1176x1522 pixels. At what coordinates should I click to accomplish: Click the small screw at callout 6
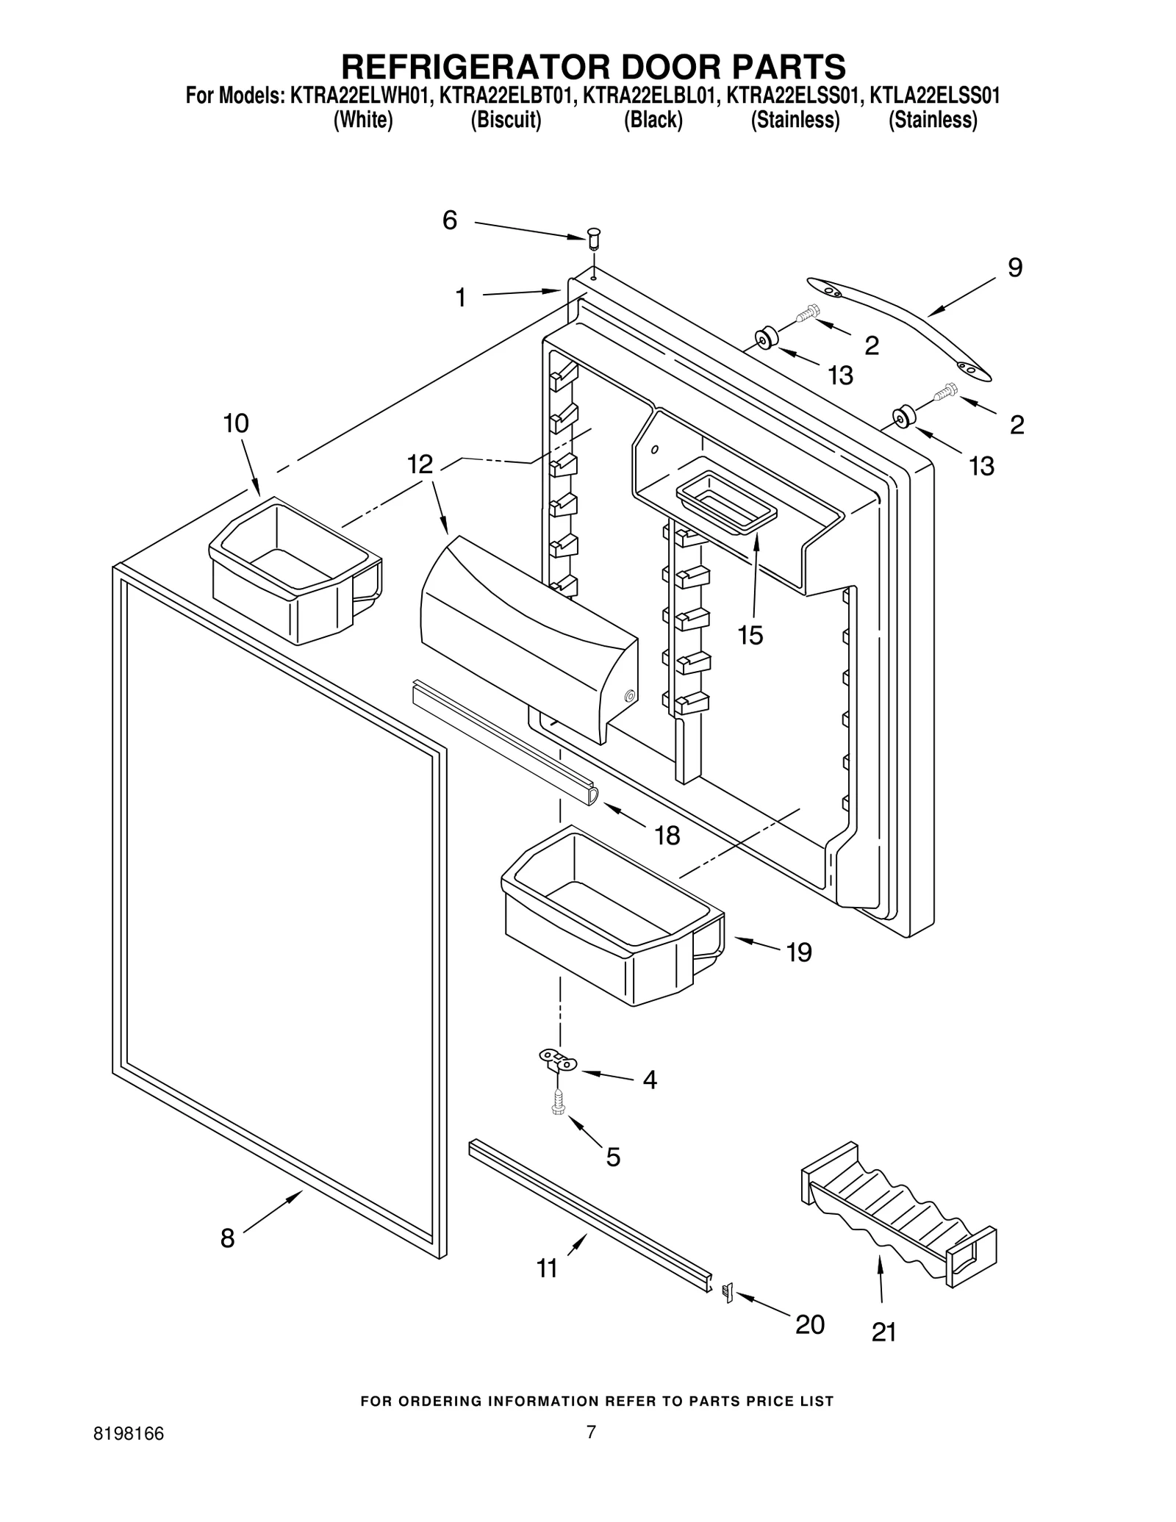[x=594, y=237]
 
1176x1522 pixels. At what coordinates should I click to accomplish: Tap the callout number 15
[x=750, y=635]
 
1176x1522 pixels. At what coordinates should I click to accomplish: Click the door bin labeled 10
[x=294, y=570]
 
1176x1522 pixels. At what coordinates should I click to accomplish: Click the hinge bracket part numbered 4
[x=559, y=1060]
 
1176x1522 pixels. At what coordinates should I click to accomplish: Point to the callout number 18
[x=667, y=836]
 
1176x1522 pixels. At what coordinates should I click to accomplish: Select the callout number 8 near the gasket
[x=228, y=1238]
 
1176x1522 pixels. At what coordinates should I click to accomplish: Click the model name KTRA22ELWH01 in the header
[x=357, y=96]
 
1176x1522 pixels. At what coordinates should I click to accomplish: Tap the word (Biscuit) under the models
[x=506, y=120]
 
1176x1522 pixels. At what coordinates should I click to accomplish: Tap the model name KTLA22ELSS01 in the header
[x=933, y=96]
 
